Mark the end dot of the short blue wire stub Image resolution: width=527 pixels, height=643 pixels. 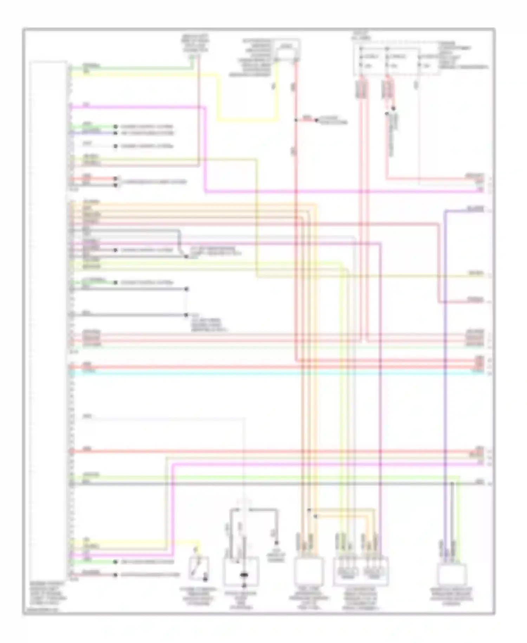[x=115, y=133]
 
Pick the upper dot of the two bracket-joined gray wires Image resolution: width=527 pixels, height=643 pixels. [x=187, y=289]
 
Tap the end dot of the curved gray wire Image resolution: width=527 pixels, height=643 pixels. [x=187, y=257]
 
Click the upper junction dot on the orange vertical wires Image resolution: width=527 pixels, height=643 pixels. [x=309, y=510]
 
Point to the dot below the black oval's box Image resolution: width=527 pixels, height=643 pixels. [x=243, y=586]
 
